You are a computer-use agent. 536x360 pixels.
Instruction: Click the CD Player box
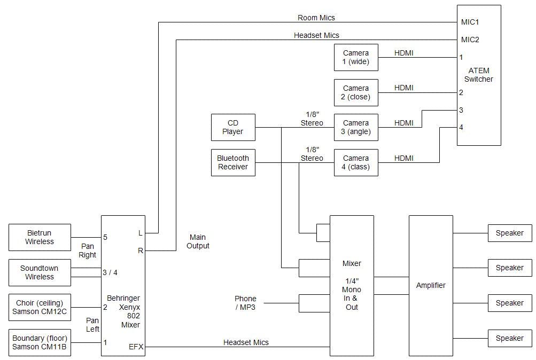coord(233,128)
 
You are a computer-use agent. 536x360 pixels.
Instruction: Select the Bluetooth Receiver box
coord(233,162)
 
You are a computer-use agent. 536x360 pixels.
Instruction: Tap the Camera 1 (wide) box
coord(356,57)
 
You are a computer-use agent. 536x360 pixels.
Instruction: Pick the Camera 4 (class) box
coord(356,162)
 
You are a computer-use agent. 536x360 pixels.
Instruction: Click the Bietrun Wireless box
coord(40,237)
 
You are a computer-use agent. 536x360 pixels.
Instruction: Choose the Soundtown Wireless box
coord(40,272)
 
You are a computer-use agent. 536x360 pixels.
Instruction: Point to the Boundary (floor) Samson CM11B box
coord(40,342)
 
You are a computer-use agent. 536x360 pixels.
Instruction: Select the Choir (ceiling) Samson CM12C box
coord(40,308)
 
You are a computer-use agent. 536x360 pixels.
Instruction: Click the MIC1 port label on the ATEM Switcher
coord(470,22)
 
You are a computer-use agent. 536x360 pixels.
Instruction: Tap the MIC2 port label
coord(470,40)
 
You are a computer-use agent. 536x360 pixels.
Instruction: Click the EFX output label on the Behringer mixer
coord(136,347)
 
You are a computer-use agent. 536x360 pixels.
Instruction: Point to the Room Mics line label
coord(316,18)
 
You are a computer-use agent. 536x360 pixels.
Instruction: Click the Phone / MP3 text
coord(245,303)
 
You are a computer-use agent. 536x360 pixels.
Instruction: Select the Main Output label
coord(198,241)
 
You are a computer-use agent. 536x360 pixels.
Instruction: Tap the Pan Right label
coord(88,251)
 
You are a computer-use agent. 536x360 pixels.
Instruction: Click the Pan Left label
coord(92,325)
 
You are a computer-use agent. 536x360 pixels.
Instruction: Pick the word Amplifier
coord(431,285)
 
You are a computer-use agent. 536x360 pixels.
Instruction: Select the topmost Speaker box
coord(510,233)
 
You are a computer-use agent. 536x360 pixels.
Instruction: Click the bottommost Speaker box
coord(510,338)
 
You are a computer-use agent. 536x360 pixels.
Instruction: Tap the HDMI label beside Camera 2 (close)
coord(403,88)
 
